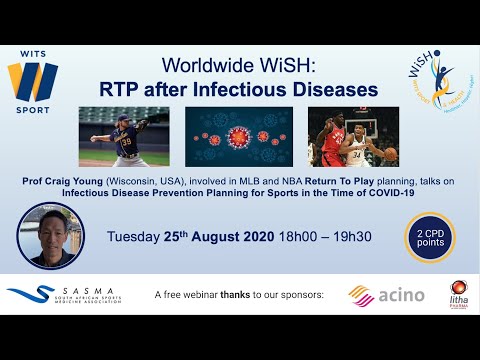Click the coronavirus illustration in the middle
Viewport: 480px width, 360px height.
tap(239, 136)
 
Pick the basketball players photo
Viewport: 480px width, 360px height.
tap(353, 136)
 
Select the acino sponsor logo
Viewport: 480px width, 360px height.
tap(386, 295)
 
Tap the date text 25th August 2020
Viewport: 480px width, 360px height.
tap(223, 236)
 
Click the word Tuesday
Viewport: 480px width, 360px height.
tap(139, 236)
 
